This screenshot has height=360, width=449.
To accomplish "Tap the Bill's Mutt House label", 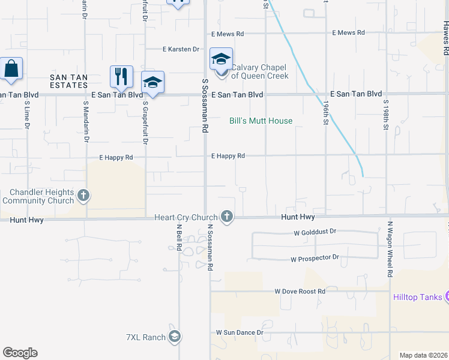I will pos(261,121).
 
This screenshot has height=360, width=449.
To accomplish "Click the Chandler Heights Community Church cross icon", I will pos(83,196).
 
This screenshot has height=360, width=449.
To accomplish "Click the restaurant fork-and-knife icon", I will pos(121,76).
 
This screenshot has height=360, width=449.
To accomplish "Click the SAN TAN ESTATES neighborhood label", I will pos(68,81).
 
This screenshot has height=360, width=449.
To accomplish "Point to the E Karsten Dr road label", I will pos(181,49).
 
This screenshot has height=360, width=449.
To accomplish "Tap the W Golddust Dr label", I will pos(315,231).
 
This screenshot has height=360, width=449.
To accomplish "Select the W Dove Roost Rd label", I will pos(300,291).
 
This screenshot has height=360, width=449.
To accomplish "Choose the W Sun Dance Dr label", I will pos(240,332).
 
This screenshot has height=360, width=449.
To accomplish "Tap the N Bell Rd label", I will pos(179,238).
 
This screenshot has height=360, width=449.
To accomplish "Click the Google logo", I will pos(20,353).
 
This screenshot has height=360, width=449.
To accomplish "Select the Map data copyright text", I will pos(423,355).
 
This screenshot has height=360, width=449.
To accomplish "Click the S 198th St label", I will pos(386,117).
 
